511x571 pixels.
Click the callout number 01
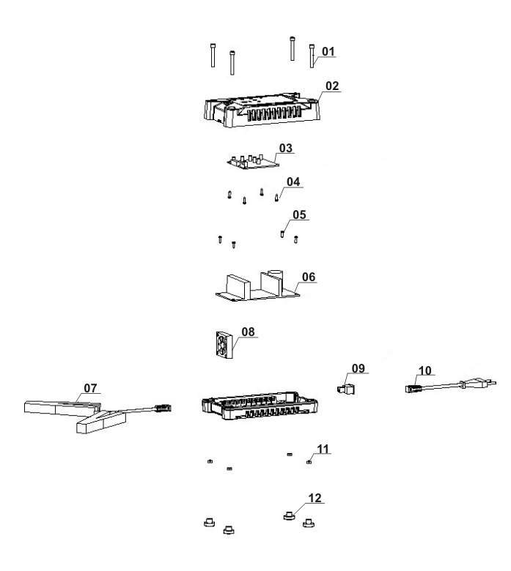[328, 51]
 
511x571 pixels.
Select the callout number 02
[332, 86]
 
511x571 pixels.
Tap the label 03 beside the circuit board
[285, 148]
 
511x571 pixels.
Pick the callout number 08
[249, 332]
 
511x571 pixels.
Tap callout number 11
[323, 447]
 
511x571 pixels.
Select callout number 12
[315, 498]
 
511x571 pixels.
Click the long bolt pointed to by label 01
[312, 57]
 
